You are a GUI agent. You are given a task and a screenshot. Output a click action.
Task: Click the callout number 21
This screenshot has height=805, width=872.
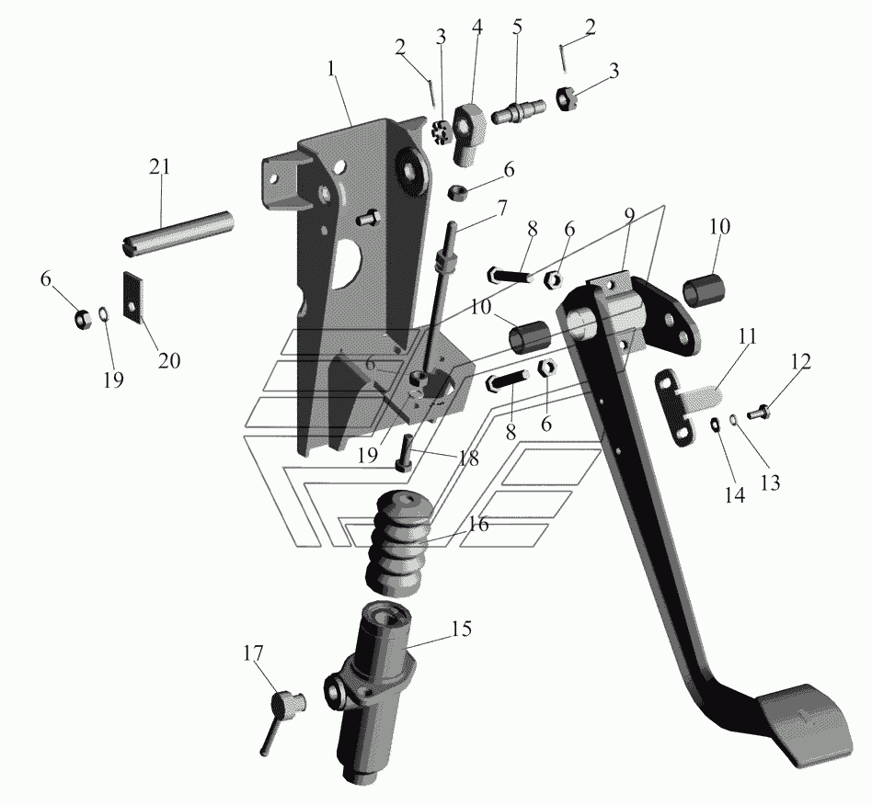pos(159,166)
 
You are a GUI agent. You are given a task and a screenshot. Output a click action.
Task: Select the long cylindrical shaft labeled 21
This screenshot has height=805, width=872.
pos(178,233)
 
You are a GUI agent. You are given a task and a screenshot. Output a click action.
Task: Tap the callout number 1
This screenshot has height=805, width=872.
pos(332,70)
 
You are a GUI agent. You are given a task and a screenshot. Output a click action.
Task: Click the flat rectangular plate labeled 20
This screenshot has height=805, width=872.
pos(132,297)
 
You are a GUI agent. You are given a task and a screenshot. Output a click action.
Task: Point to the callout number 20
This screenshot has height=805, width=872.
pos(169,360)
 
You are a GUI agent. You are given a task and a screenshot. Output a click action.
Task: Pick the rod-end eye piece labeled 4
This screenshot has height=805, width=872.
pos(470,134)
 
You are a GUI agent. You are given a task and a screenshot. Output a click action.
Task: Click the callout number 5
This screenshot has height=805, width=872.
pos(518,28)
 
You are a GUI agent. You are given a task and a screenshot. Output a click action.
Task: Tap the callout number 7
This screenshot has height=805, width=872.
pos(501,209)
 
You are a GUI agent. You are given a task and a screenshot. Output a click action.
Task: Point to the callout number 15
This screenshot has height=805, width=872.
pos(461,629)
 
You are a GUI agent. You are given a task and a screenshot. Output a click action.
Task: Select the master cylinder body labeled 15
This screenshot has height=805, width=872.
pos(369,689)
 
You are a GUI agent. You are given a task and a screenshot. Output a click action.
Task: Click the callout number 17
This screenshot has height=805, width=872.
pos(253,653)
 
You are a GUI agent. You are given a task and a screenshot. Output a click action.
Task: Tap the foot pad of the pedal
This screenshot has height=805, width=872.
pos(805,724)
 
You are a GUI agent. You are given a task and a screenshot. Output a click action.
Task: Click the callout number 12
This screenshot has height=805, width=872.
pos(801,361)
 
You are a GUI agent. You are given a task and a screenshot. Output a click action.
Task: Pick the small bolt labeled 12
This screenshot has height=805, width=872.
pos(758,413)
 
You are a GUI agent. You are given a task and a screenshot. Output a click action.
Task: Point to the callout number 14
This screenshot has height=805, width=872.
pos(734,494)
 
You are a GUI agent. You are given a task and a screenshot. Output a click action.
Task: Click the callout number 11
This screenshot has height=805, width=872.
pos(748,336)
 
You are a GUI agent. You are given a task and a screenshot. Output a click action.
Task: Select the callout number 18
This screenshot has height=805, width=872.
pos(467,459)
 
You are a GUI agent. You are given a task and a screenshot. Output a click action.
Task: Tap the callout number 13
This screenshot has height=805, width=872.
pos(770,482)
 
